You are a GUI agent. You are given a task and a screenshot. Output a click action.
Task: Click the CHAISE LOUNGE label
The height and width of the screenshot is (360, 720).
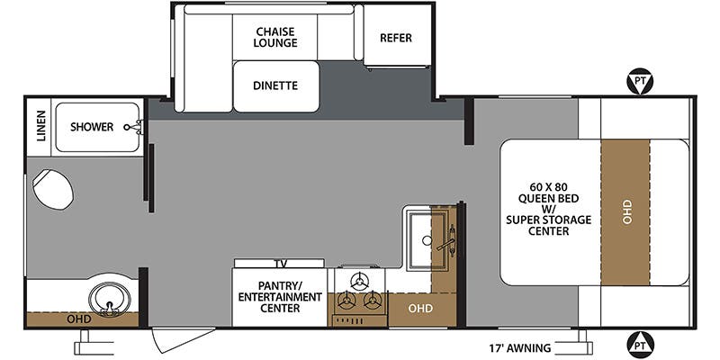click(x=276, y=37)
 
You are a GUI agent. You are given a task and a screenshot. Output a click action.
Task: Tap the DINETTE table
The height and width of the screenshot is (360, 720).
click(x=276, y=86)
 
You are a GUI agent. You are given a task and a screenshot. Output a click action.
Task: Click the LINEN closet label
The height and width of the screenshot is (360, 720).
click(x=41, y=126)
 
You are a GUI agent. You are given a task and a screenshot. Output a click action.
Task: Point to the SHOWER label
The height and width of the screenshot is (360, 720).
click(x=92, y=127)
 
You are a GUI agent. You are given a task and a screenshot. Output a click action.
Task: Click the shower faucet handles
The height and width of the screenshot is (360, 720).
click(x=133, y=127)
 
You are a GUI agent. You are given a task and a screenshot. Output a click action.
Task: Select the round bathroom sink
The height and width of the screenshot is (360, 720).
click(x=109, y=299)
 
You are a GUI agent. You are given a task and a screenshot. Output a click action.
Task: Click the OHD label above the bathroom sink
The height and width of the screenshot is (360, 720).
click(x=79, y=319)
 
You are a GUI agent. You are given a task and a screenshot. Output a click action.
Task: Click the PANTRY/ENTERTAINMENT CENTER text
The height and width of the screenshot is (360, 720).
click(x=280, y=297)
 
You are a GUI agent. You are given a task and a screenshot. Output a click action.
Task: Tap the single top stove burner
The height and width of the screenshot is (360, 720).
click(x=359, y=279)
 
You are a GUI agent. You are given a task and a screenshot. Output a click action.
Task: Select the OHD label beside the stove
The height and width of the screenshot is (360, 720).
click(x=420, y=309)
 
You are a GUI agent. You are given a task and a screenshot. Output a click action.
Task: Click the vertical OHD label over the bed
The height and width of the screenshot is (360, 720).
click(x=627, y=211)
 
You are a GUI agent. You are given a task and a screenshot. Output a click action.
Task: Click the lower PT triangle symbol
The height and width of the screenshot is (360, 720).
click(x=640, y=343)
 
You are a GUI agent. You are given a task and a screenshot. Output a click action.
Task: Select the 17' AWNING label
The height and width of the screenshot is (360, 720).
click(x=520, y=347)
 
